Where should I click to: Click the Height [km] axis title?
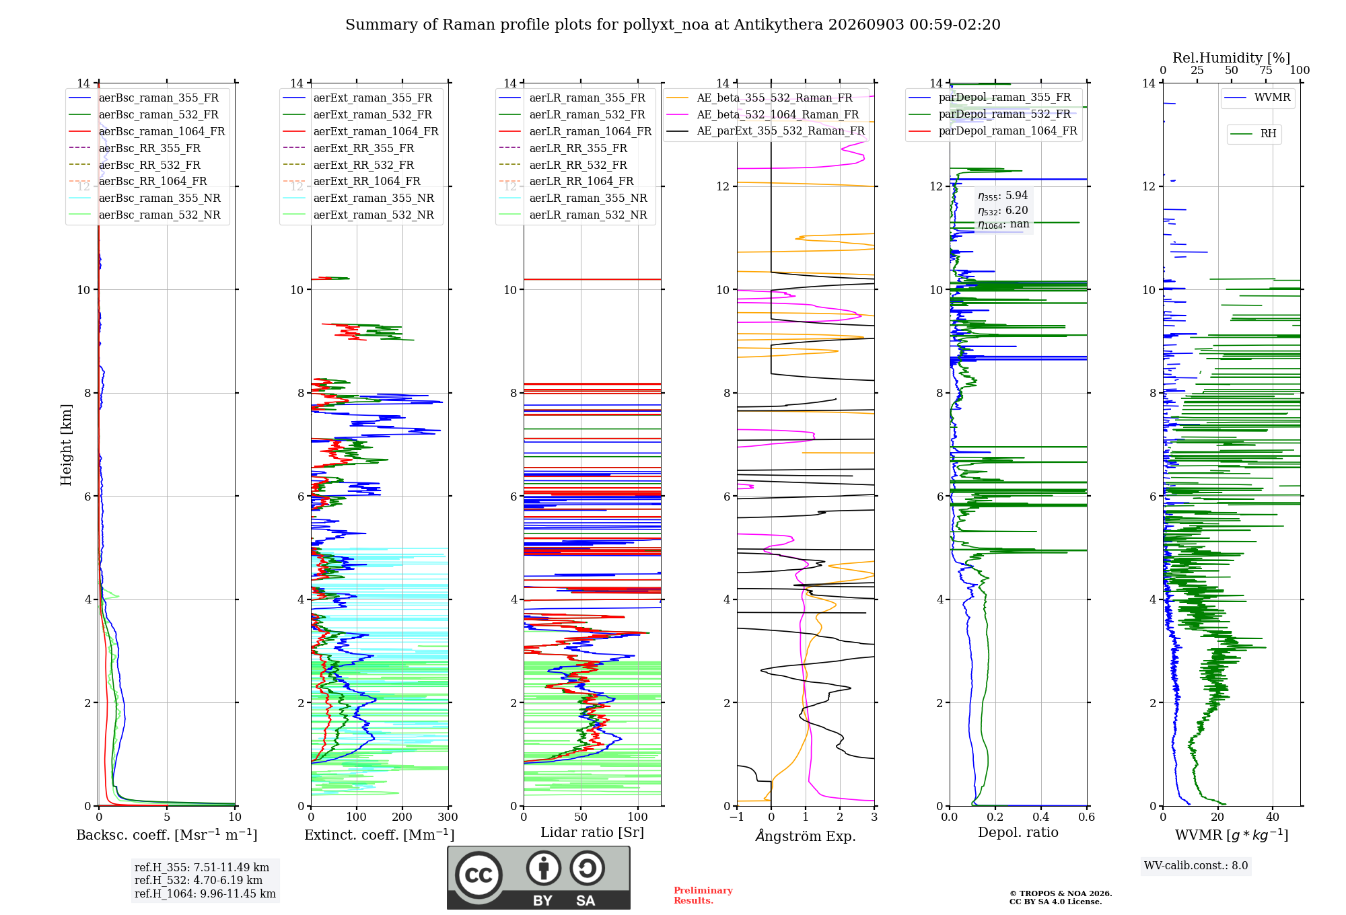point(66,445)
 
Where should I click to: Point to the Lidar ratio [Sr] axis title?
point(592,832)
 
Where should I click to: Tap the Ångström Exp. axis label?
point(806,836)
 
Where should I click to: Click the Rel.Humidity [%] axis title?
point(1232,58)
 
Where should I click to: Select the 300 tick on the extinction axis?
point(448,817)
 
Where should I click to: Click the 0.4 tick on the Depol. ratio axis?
point(1041,817)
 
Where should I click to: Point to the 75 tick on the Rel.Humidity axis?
point(1266,71)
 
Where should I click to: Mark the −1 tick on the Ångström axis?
point(737,817)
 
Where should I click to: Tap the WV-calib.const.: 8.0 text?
point(1196,866)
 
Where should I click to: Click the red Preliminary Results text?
point(703,895)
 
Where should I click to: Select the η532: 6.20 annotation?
point(1003,211)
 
